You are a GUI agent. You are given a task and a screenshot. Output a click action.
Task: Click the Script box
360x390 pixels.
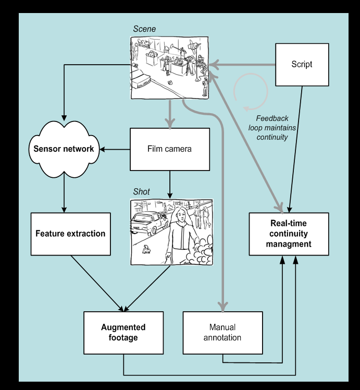[302, 65]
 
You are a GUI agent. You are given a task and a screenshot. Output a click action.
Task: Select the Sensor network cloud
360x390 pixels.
[64, 149]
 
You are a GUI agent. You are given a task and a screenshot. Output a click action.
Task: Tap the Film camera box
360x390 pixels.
[170, 149]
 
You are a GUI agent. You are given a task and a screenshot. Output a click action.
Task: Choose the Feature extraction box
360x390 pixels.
[70, 234]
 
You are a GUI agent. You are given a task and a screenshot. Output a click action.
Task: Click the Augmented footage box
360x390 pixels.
[123, 333]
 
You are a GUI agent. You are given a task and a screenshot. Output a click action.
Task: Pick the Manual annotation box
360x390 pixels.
[222, 333]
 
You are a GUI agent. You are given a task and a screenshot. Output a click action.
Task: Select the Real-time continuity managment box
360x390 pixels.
[289, 234]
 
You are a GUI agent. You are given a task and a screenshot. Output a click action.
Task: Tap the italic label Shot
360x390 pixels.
[142, 192]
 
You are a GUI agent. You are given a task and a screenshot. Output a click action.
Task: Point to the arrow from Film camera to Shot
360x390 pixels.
[170, 184]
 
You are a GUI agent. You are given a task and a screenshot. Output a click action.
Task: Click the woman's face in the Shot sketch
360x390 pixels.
[178, 214]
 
